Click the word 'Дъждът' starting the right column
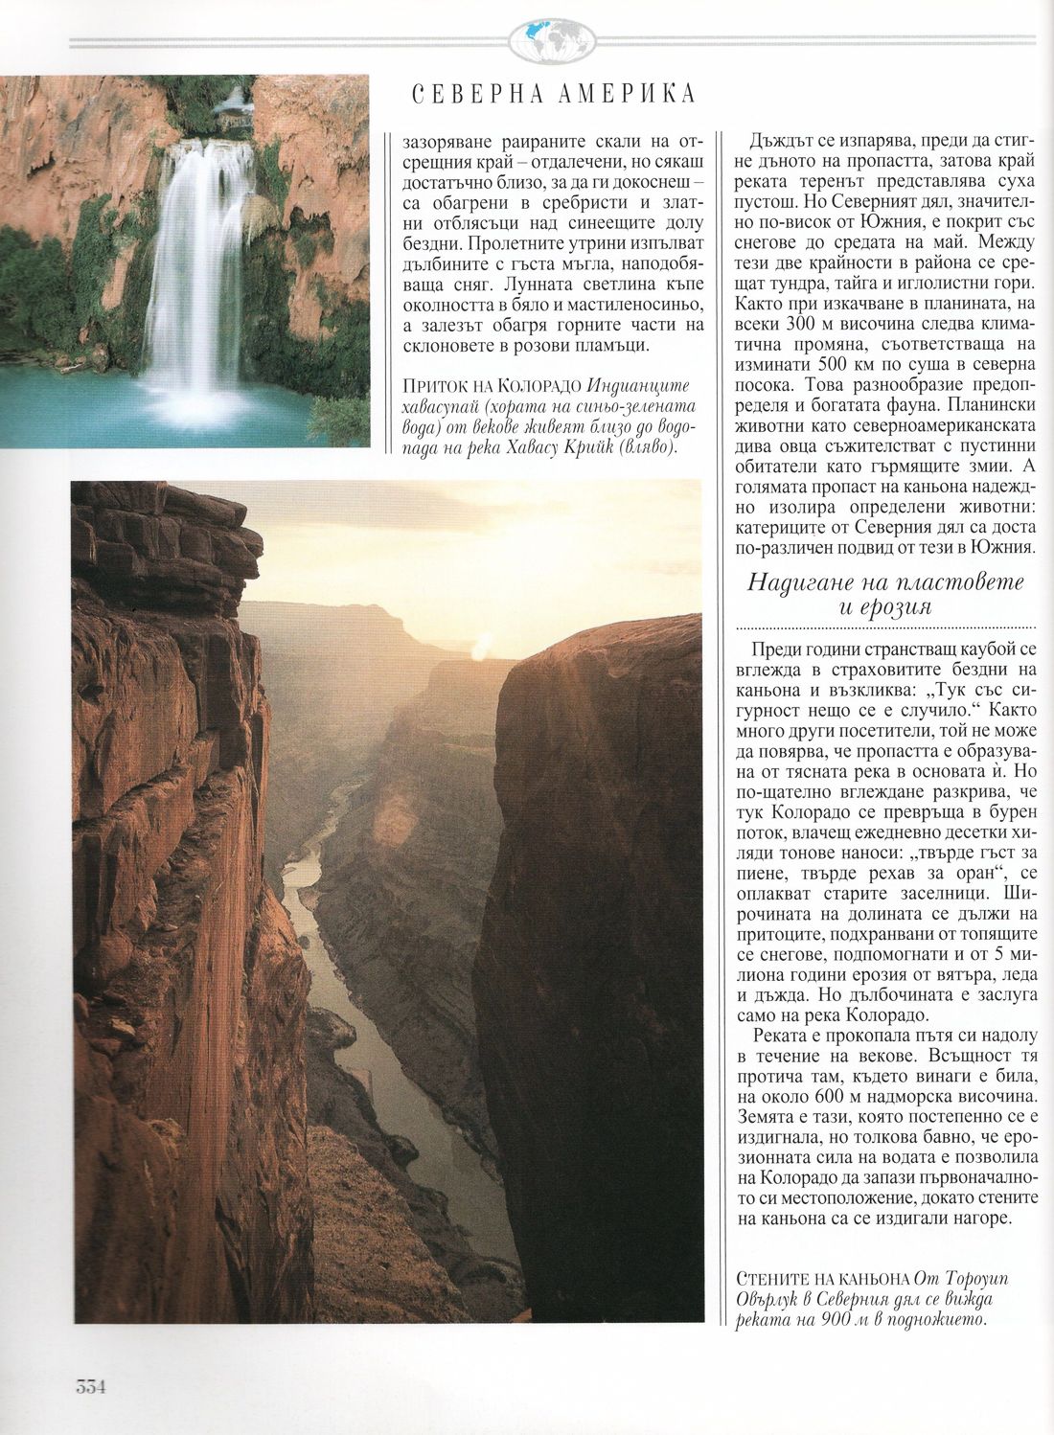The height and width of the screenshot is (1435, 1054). click(x=784, y=138)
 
